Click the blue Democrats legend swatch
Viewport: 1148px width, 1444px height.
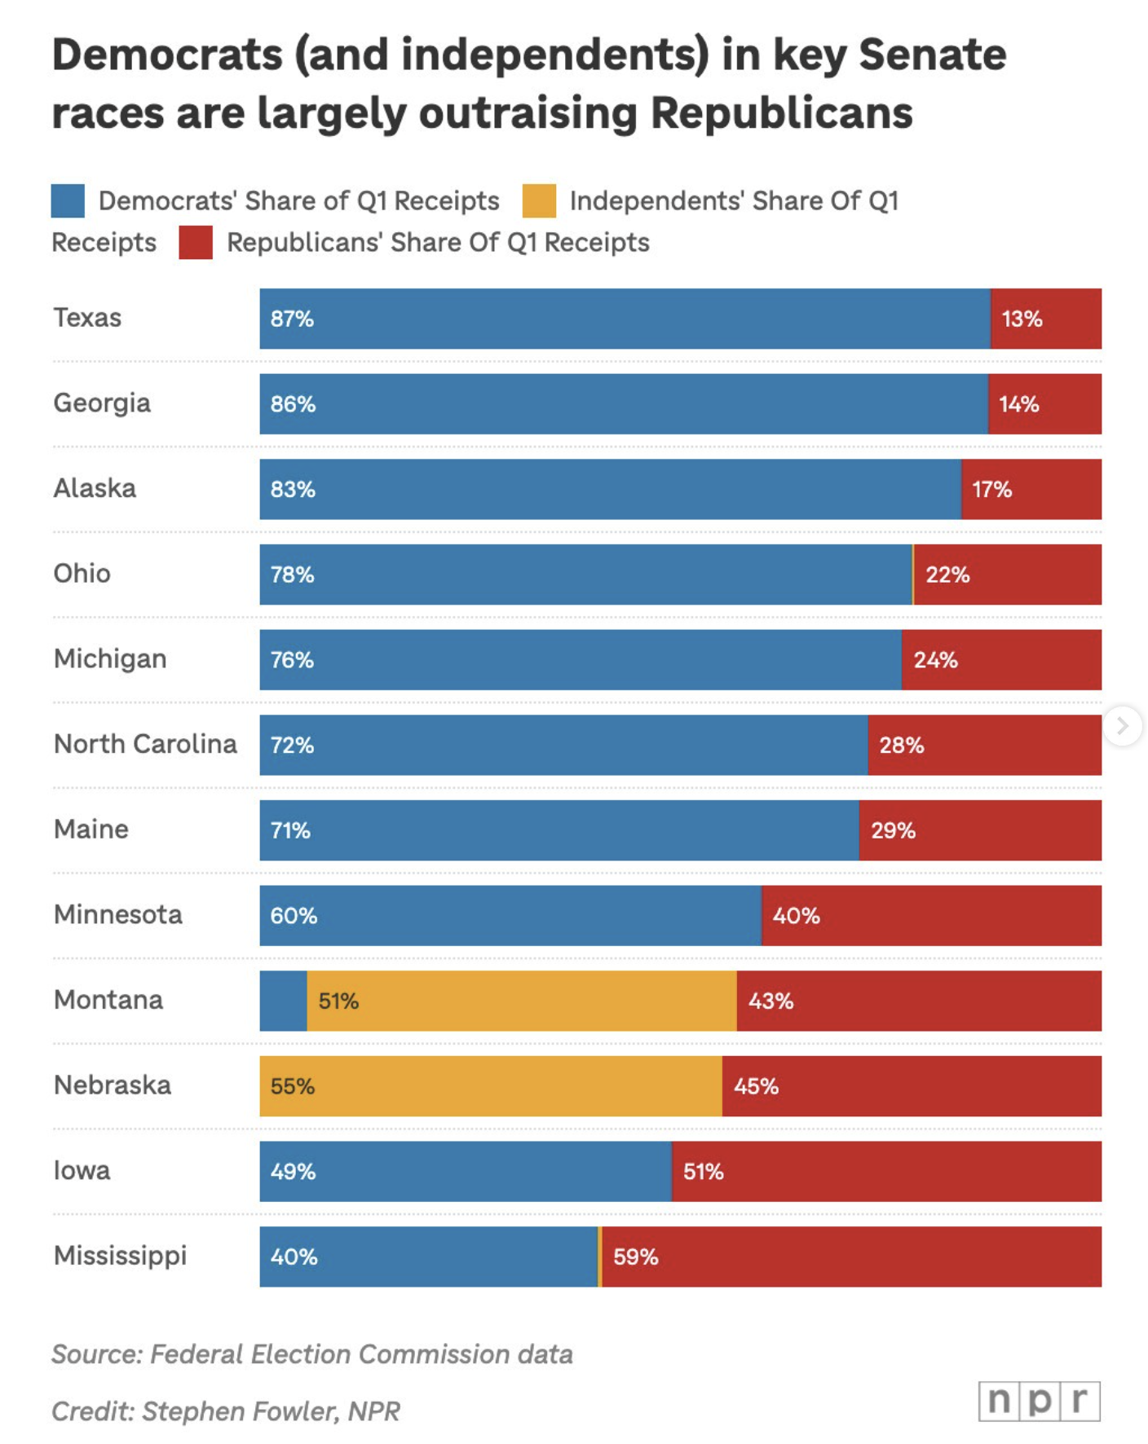point(68,201)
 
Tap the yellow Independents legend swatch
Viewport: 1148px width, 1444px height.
point(539,201)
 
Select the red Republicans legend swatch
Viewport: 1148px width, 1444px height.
point(196,243)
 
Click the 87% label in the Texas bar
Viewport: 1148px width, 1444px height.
point(292,319)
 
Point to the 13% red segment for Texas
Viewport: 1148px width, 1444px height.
point(1046,319)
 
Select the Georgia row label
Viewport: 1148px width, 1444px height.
point(102,403)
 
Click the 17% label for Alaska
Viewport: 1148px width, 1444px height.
point(991,490)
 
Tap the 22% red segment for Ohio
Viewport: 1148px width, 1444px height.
point(1008,575)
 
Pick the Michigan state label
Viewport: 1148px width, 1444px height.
point(110,659)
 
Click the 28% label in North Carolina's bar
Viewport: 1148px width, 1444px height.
point(901,746)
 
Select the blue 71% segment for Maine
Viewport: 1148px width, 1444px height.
point(559,830)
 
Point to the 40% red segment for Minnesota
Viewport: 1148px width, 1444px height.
point(931,916)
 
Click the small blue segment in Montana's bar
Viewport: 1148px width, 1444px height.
point(283,1001)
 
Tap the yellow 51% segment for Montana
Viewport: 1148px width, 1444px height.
point(522,1001)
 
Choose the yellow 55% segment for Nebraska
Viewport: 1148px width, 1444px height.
point(491,1086)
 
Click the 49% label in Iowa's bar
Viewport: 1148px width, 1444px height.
point(293,1172)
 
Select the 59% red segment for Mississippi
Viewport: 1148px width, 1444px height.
point(852,1257)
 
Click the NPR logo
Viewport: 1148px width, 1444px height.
point(1039,1401)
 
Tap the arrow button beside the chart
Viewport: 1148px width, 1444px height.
point(1123,725)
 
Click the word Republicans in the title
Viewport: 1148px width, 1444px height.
point(781,112)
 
